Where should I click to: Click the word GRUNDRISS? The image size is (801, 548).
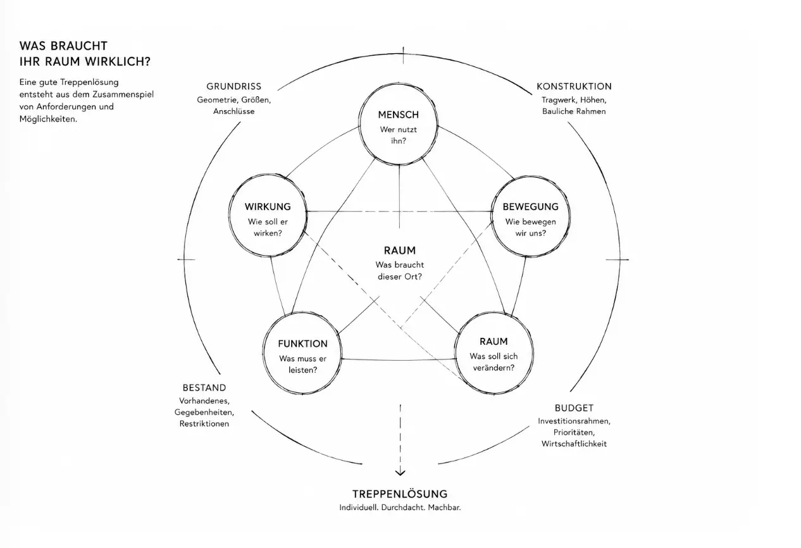point(234,87)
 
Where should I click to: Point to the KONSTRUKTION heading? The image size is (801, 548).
point(574,87)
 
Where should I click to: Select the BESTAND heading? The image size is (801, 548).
point(204,388)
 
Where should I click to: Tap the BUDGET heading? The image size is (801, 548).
point(574,408)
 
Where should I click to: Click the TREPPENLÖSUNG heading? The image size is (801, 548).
point(400,494)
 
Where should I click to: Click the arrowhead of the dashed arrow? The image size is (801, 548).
point(400,473)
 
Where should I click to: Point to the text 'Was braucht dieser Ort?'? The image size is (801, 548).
point(400,271)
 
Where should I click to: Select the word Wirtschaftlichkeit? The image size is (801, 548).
point(574,444)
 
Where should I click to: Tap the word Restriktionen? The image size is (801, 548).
point(204,424)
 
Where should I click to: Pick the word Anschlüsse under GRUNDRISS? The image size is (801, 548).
point(234,111)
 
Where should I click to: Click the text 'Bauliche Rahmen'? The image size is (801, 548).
point(574,111)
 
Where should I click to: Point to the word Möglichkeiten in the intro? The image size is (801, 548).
point(48,120)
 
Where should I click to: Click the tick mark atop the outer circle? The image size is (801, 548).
point(404,56)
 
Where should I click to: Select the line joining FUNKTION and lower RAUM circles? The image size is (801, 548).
point(399,359)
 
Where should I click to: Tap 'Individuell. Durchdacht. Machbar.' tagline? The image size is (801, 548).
point(400,508)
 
